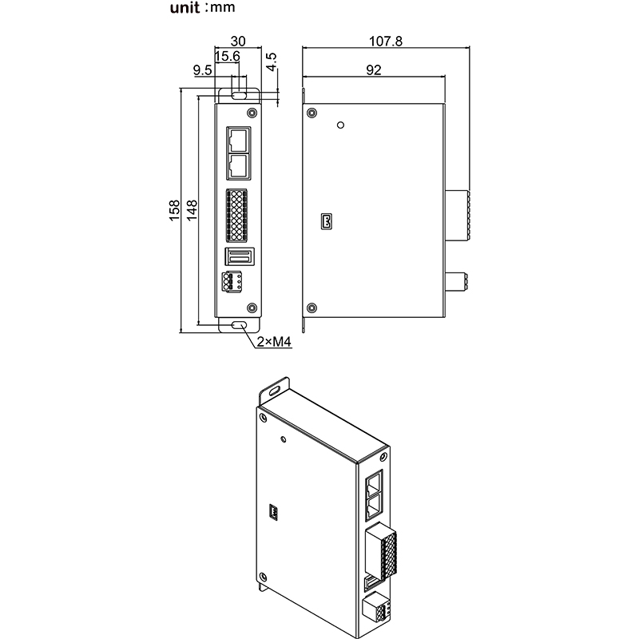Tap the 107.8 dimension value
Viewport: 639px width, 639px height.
(385, 39)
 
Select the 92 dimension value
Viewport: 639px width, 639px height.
(372, 69)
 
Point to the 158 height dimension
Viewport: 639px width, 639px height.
(175, 210)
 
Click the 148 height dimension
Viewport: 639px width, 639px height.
(192, 210)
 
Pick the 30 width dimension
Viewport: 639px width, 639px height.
(238, 40)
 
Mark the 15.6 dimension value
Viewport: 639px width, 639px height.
(227, 56)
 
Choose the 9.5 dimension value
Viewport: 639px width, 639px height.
(203, 71)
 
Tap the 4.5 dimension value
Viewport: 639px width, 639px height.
(272, 63)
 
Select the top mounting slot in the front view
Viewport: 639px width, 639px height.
(239, 94)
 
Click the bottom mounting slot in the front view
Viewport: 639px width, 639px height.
(239, 326)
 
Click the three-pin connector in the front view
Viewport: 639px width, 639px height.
(232, 283)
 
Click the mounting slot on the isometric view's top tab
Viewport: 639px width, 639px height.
(274, 391)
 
